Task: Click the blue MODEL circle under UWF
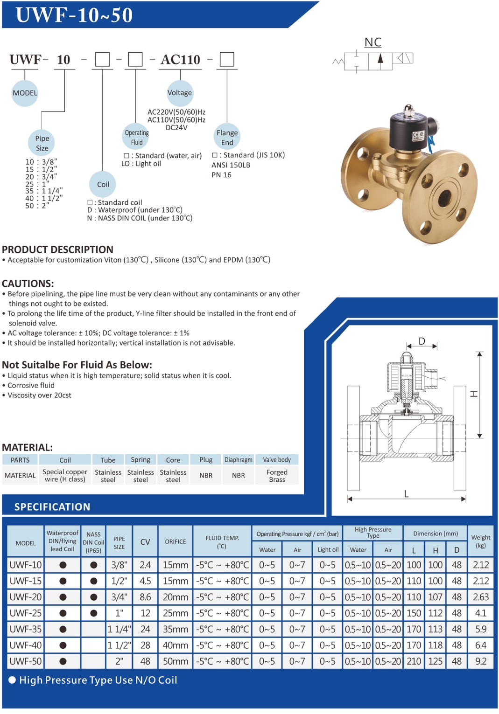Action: pos(25,93)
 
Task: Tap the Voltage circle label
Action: pos(180,92)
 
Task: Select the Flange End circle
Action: pos(227,138)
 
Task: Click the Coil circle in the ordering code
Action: pos(103,184)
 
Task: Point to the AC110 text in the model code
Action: pos(180,60)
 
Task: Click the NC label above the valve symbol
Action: pos(373,42)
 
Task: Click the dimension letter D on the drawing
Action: pos(422,341)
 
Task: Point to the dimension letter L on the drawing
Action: pos(407,494)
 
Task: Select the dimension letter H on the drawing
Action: pos(474,394)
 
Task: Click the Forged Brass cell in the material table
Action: pos(277,476)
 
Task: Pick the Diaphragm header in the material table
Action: pos(239,460)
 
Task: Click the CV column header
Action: pos(145,542)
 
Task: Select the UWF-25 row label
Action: pos(26,613)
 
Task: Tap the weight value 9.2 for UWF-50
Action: pos(481,661)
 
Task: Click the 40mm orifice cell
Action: pos(176,645)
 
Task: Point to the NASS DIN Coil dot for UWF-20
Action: pos(94,597)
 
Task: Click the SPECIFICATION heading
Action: pos(52,507)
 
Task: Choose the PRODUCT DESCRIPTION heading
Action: pos(57,250)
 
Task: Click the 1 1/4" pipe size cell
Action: pos(119,629)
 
